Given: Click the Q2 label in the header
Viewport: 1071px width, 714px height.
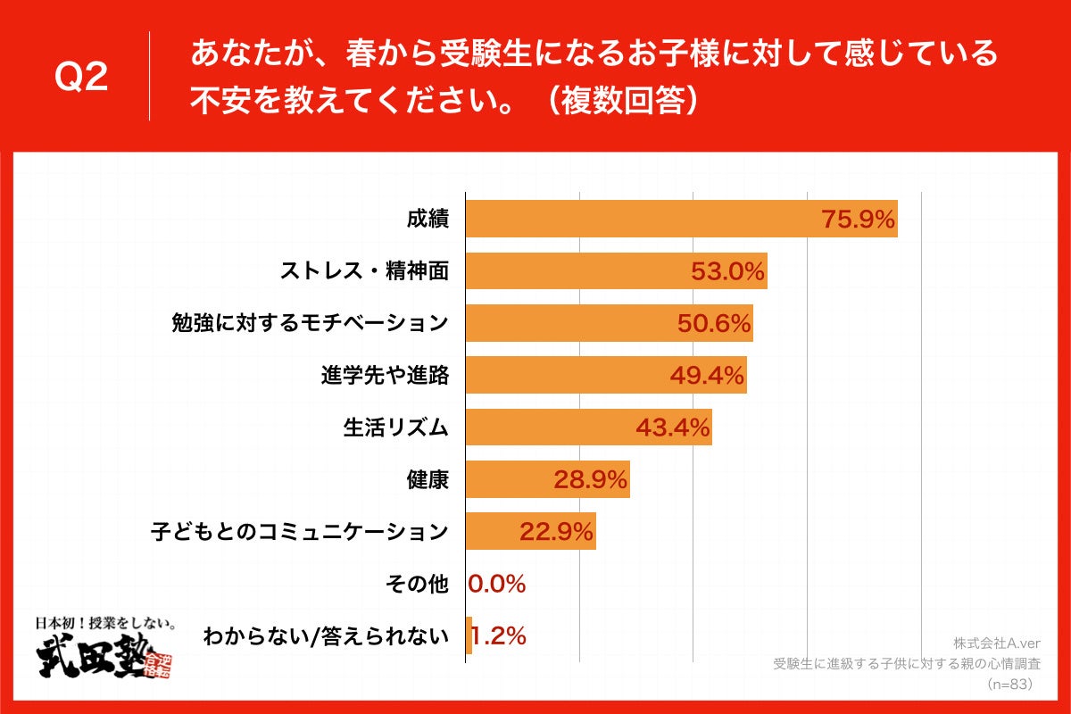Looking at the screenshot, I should pos(81,78).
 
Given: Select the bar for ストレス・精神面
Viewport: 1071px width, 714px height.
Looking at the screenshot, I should pos(616,271).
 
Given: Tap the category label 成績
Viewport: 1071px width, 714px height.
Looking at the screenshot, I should pos(427,220).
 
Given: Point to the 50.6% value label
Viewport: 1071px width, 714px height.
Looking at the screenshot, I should pos(714,324).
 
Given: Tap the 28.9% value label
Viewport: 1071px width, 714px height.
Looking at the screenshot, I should pos(591,480).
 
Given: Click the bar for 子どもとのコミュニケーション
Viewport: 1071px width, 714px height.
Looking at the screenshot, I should pos(530,532).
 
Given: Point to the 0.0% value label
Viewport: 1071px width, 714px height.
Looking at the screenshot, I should pos(497,585).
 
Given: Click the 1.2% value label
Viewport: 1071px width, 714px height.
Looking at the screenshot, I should pos(498,636).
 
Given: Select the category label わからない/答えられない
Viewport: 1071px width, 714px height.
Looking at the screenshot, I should pos(325,636).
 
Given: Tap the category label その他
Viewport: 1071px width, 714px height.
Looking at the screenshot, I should pos(417,585).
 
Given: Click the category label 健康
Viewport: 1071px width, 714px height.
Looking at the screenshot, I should pos(427,480).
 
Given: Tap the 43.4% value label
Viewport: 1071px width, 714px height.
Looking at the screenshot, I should pos(673,428).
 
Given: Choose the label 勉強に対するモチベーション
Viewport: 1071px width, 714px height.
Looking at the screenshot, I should pos(309,324).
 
